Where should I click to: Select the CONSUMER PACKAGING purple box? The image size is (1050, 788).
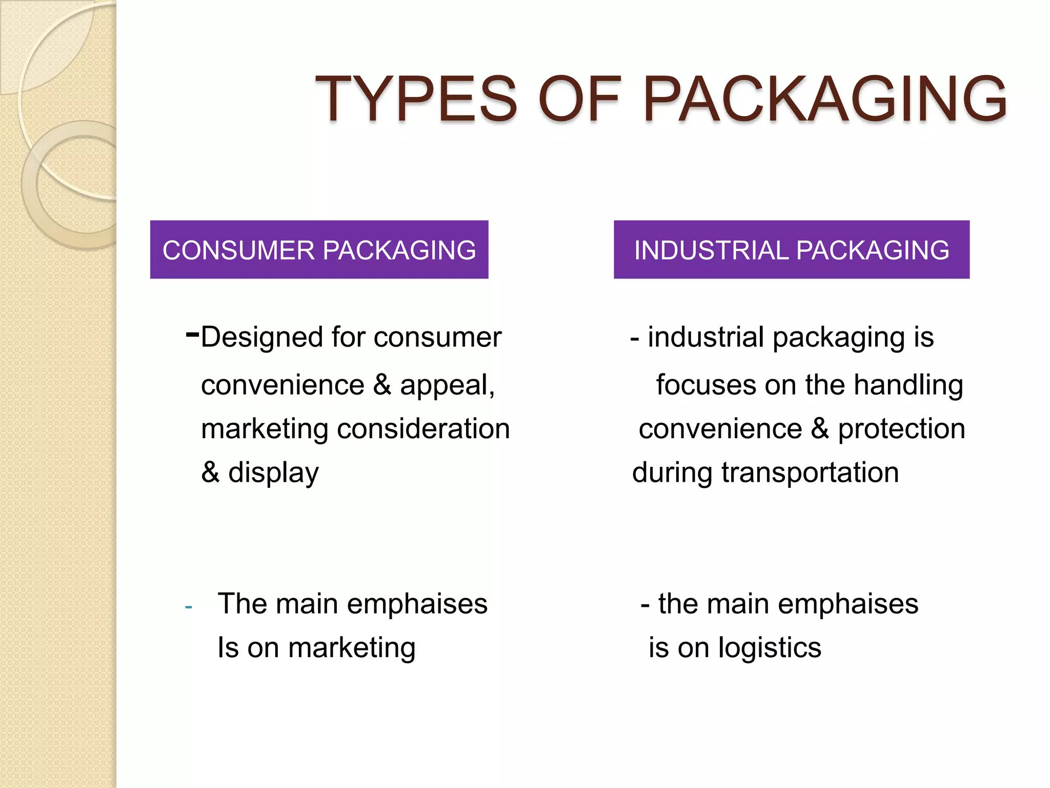coord(319,250)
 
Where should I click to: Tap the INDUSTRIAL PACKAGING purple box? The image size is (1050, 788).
coord(791,250)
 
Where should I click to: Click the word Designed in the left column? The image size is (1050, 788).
coord(261,338)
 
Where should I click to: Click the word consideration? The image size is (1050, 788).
coord(423,429)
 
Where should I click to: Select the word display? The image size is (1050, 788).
coord(273,472)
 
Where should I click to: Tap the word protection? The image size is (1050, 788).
coord(901,429)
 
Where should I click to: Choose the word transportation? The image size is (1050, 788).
coord(810,472)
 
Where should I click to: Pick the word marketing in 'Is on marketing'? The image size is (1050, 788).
coord(351,648)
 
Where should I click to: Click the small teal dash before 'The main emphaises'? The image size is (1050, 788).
coord(189,607)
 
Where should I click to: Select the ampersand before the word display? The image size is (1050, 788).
coord(210,472)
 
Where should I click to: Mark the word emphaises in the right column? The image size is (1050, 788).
coord(847,604)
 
